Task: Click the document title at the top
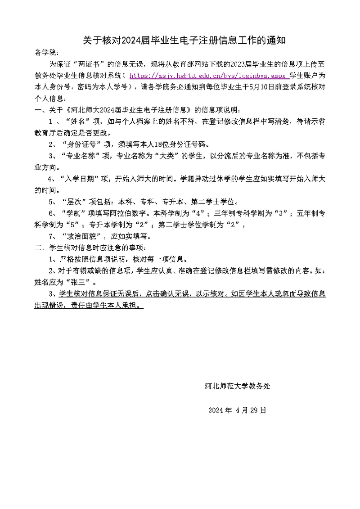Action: [x=184, y=41]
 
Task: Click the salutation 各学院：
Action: [x=47, y=52]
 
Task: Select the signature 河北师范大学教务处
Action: [x=237, y=386]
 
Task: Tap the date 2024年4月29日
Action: [x=237, y=410]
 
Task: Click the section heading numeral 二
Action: [x=37, y=248]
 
